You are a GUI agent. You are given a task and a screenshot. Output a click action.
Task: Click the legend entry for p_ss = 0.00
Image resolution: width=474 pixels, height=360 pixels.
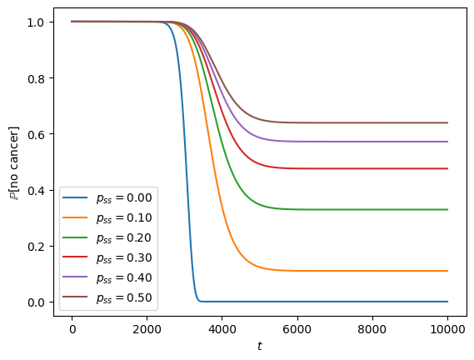(x=124, y=198)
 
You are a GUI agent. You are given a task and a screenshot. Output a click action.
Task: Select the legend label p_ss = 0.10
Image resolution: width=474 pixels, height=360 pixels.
(x=124, y=218)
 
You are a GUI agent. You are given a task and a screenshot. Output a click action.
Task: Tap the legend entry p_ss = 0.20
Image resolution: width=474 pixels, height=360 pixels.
(x=124, y=238)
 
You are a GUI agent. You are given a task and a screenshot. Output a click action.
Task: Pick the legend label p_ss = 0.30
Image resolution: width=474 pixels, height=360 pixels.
(x=124, y=258)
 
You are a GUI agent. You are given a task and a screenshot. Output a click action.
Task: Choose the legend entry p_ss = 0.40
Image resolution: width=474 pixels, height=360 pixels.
(x=124, y=278)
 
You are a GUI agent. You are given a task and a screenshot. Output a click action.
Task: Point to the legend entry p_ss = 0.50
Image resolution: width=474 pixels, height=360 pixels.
(x=124, y=298)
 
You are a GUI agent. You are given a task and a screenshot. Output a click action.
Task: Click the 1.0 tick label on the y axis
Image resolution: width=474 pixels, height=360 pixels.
(x=37, y=22)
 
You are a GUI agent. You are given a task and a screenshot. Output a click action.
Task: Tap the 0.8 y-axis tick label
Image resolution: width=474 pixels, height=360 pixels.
(x=37, y=78)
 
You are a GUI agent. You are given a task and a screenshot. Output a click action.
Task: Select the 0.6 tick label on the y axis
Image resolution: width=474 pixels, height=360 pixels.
(x=37, y=135)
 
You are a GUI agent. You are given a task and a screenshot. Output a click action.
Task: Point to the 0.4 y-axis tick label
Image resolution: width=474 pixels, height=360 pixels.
(x=37, y=191)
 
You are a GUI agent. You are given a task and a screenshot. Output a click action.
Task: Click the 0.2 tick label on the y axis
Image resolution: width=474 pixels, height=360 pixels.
(x=37, y=247)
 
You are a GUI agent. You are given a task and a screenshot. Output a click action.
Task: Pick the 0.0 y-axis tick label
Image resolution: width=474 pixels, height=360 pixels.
(x=37, y=302)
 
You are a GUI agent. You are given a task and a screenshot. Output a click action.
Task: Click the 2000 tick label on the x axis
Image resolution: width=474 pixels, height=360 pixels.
(x=147, y=329)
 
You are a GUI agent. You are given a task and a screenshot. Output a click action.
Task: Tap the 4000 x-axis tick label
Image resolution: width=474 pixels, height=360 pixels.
(x=222, y=329)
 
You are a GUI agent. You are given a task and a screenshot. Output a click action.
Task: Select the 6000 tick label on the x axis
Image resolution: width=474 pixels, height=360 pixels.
(x=297, y=329)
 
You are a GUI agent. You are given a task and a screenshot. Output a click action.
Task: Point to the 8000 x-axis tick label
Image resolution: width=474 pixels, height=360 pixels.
(x=372, y=329)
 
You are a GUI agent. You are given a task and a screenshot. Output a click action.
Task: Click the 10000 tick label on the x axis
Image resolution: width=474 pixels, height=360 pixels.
(x=447, y=329)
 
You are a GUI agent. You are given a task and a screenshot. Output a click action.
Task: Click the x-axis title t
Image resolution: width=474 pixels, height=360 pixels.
(x=260, y=346)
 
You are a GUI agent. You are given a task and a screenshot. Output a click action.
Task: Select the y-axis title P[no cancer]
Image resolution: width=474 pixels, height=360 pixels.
(x=13, y=163)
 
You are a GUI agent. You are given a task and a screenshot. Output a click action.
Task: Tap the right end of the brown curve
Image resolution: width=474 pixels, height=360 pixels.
(x=447, y=122)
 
